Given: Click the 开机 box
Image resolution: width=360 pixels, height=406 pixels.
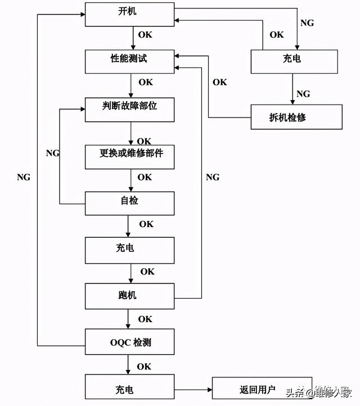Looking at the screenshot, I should point(130,13).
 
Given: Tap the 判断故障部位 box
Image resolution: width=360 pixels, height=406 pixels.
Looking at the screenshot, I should point(130,109).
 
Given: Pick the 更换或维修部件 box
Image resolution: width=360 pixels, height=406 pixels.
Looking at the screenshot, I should point(130,156).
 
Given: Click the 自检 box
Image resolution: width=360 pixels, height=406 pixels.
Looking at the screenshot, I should point(130,202).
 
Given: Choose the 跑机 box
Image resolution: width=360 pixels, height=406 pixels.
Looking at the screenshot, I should point(130,296).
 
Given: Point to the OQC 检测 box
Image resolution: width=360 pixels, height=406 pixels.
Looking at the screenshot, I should point(130,342).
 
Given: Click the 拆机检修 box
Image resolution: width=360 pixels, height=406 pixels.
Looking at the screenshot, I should point(296,118).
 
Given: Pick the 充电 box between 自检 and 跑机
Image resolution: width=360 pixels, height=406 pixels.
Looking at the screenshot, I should point(130,249).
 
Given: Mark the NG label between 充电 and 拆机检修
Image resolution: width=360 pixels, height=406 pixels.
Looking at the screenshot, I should point(303,94).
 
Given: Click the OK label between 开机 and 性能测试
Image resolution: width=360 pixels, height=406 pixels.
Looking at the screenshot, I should point(145,35).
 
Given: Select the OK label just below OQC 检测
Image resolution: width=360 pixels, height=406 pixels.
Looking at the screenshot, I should point(145,367).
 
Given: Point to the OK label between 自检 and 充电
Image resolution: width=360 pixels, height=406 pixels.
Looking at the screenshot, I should point(146,224).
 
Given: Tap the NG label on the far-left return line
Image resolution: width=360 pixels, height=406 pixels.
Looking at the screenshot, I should point(24,177).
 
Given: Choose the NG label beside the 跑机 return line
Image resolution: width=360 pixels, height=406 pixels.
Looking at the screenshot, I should point(213,177).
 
